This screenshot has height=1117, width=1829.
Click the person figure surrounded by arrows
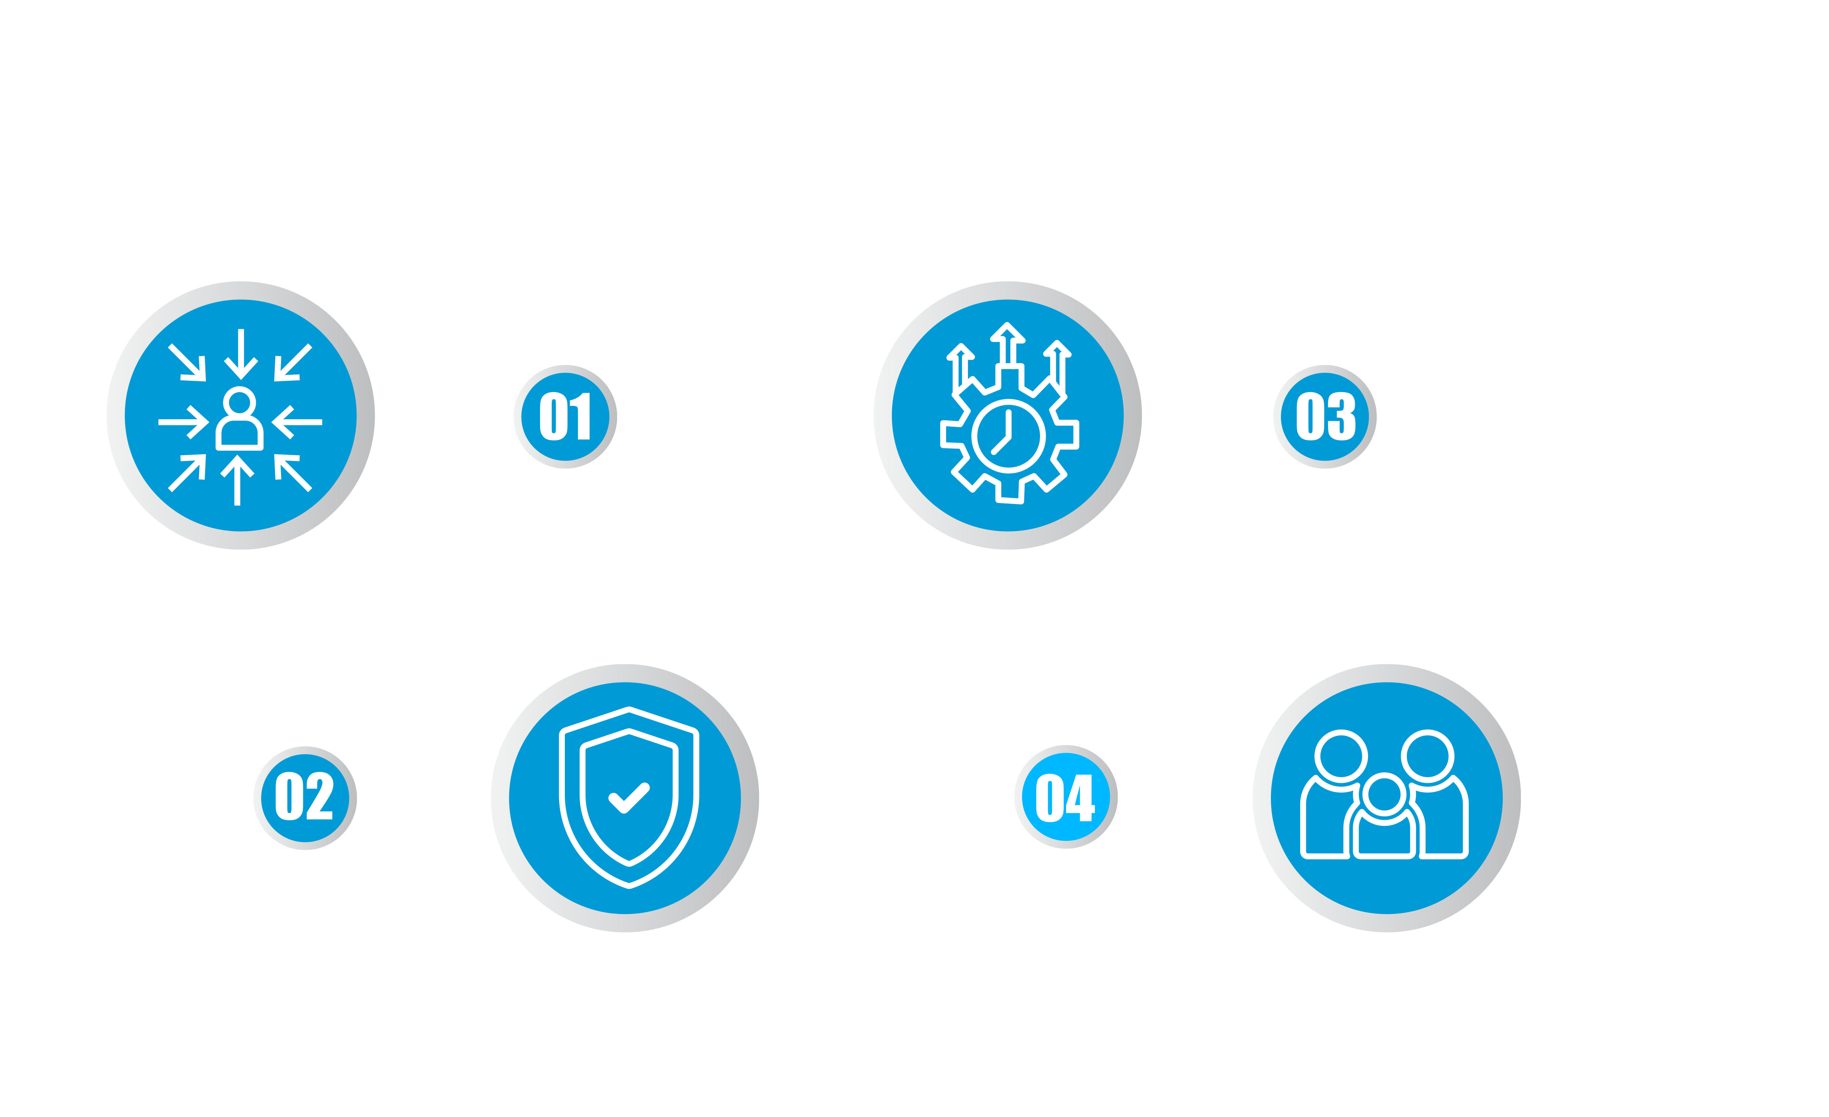click(x=239, y=419)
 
